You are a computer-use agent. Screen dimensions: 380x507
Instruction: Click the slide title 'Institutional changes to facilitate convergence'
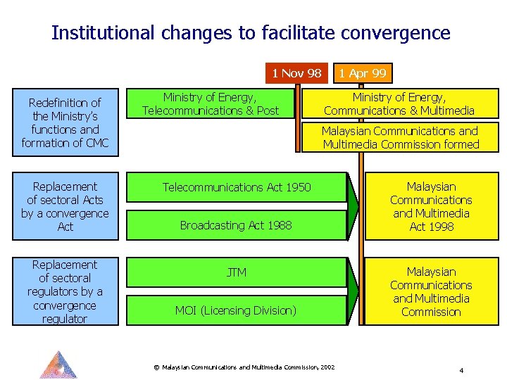tap(251, 33)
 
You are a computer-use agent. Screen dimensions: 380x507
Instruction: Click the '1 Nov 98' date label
tap(296, 73)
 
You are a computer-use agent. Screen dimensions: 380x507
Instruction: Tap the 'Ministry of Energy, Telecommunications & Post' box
tap(210, 103)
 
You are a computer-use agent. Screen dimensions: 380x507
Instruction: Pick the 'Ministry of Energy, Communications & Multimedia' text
tap(399, 103)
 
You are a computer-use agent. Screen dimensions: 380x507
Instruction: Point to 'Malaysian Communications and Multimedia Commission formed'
tap(400, 137)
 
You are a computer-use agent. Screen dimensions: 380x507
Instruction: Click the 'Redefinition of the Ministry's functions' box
tap(65, 123)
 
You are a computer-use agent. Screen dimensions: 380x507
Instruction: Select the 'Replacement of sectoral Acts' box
tap(65, 206)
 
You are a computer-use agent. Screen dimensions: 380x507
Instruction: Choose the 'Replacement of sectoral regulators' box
tap(65, 291)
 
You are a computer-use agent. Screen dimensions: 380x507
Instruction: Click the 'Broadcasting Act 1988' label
tap(235, 225)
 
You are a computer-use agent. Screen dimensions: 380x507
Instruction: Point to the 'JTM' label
tap(237, 272)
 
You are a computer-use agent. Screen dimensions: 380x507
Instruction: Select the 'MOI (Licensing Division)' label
tap(235, 310)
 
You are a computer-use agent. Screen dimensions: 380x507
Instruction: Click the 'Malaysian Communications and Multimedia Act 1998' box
tap(431, 206)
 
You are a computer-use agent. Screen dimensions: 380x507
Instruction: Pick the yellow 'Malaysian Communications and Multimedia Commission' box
tap(431, 291)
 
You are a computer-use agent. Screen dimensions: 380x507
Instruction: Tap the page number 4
tap(461, 370)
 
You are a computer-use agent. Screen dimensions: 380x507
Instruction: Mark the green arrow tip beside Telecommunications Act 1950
tap(354, 205)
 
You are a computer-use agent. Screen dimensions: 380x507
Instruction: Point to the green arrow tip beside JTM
tap(354, 291)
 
